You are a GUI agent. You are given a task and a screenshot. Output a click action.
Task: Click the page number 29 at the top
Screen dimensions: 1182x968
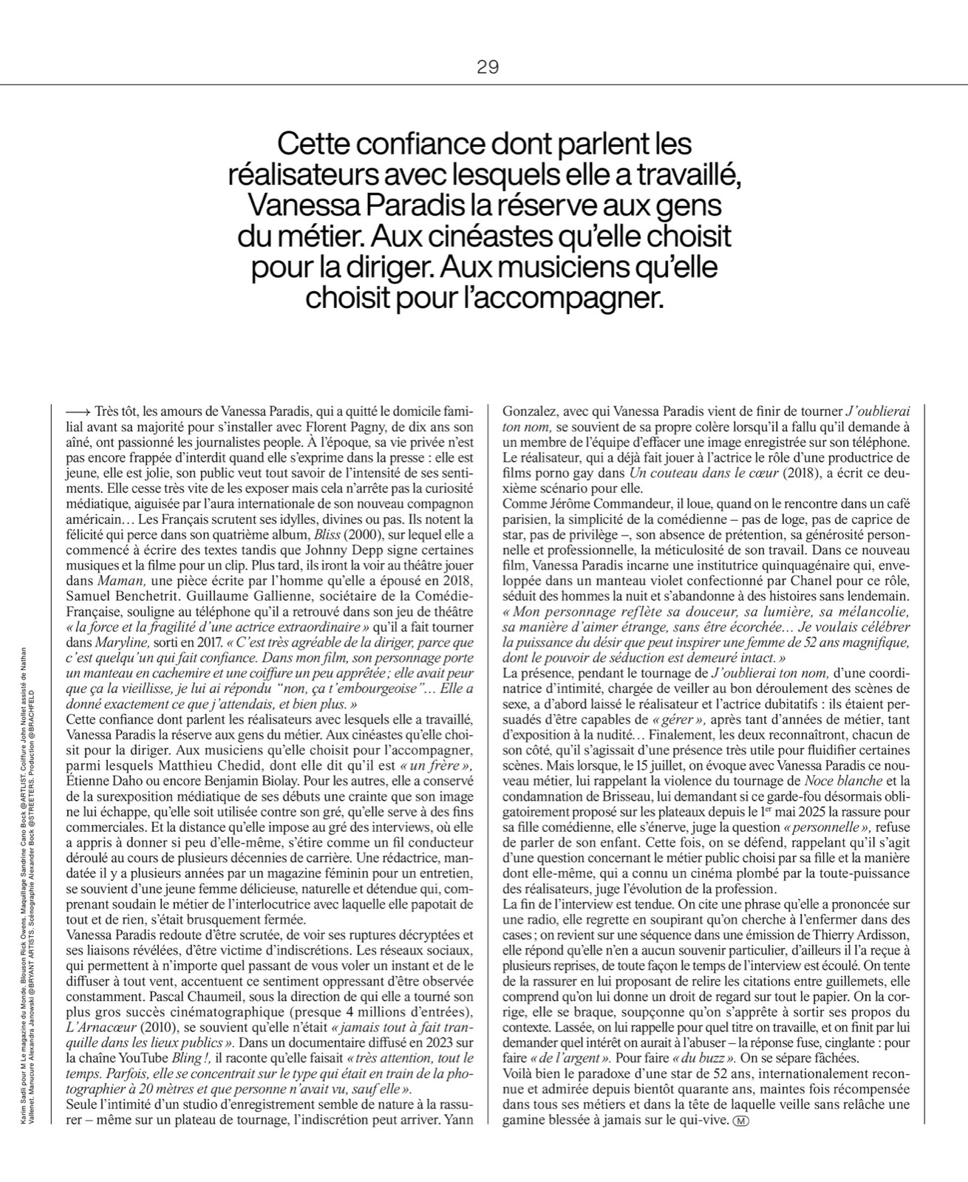[x=488, y=67]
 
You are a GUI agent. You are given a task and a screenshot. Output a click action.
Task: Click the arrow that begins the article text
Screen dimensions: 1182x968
[x=78, y=411]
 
